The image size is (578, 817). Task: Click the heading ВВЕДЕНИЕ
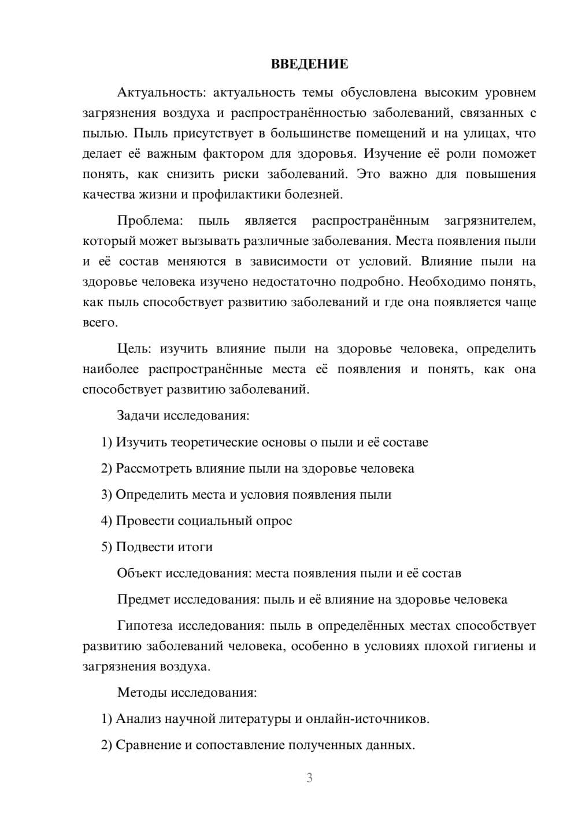309,64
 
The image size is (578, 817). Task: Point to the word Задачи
138,415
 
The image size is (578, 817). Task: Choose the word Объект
139,573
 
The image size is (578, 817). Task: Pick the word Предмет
144,599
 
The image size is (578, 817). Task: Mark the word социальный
214,521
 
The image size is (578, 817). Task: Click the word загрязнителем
490,221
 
